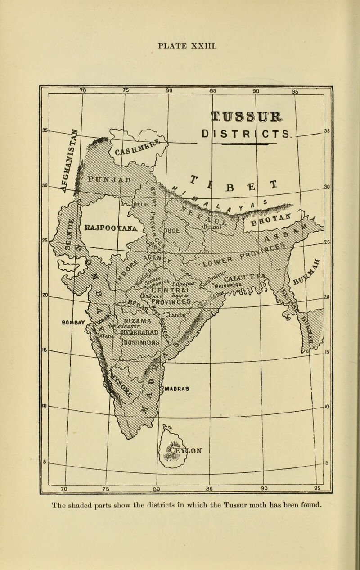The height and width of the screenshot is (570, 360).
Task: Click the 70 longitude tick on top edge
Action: [82, 90]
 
